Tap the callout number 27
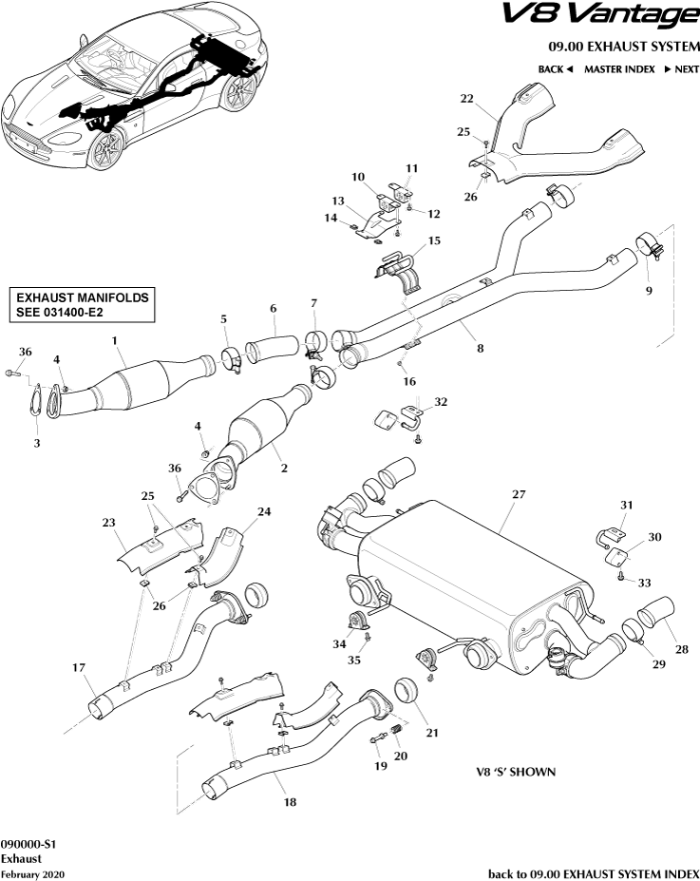(x=518, y=495)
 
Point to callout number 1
(x=114, y=340)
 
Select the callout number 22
(x=466, y=99)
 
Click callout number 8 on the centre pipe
(x=480, y=349)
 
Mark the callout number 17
(x=79, y=668)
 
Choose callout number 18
(x=289, y=802)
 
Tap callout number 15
(x=434, y=241)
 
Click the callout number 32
(x=440, y=403)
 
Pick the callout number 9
(x=649, y=292)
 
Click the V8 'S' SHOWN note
(x=516, y=772)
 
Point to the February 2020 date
(x=33, y=873)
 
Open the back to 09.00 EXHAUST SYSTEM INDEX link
(x=593, y=873)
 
